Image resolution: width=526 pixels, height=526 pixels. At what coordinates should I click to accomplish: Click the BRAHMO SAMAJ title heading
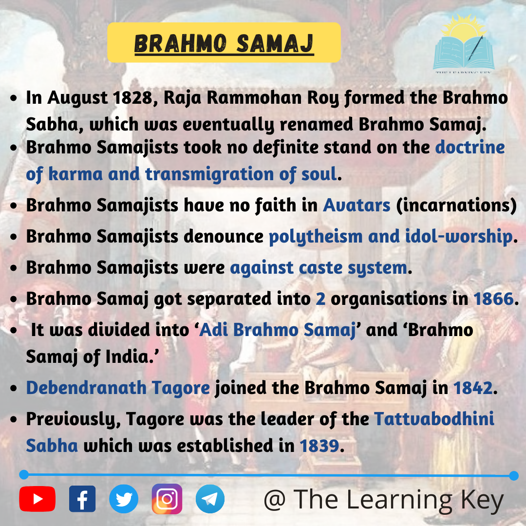click(x=224, y=44)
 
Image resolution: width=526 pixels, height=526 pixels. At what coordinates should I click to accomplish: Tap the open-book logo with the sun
click(x=464, y=43)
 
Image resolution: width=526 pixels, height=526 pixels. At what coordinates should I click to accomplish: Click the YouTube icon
click(x=37, y=499)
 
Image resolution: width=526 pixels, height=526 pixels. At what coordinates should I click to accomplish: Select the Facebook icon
click(x=82, y=499)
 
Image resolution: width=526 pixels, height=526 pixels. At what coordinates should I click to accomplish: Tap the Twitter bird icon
click(x=124, y=499)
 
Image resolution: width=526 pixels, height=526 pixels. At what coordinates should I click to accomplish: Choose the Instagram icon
click(x=167, y=499)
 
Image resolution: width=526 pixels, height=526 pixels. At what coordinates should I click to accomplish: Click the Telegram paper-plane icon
click(x=210, y=499)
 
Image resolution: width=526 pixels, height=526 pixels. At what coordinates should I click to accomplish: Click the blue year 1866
click(x=493, y=299)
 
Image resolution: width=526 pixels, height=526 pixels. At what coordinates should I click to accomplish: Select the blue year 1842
click(x=473, y=388)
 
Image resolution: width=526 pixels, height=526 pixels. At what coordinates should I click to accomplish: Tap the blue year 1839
click(x=319, y=446)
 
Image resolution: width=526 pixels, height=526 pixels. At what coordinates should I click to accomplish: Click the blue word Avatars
click(x=357, y=206)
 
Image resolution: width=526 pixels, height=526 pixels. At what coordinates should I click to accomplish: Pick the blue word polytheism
click(x=316, y=237)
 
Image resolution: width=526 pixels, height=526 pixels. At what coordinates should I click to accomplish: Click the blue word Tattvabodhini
click(x=434, y=419)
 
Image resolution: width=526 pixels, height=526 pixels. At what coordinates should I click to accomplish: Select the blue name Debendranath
click(x=86, y=388)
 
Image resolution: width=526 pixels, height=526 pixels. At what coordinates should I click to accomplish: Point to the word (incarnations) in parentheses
click(x=456, y=206)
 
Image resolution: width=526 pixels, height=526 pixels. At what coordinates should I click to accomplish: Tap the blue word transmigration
click(x=209, y=174)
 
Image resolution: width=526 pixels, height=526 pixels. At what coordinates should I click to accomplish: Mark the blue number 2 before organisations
click(x=320, y=299)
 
